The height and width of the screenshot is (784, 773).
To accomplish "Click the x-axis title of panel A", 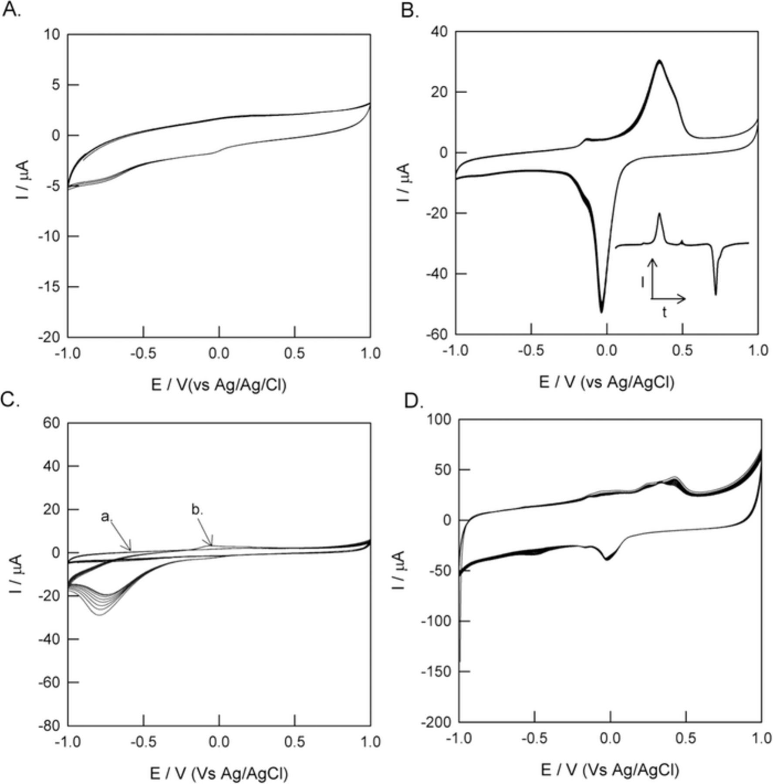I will click(219, 385).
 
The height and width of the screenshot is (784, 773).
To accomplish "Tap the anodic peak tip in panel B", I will click(659, 61).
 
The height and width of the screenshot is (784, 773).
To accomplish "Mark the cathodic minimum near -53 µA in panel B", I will click(601, 312).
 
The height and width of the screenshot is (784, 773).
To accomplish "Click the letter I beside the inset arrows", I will click(643, 283).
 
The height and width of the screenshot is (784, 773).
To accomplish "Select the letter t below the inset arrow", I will click(664, 312).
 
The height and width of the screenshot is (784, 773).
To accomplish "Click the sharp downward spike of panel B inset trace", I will click(716, 294).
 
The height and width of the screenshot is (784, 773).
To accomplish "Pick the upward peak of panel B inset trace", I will click(659, 214).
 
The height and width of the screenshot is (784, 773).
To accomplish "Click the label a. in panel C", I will click(107, 517).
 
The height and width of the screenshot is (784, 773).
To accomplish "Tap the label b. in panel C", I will click(197, 510).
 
